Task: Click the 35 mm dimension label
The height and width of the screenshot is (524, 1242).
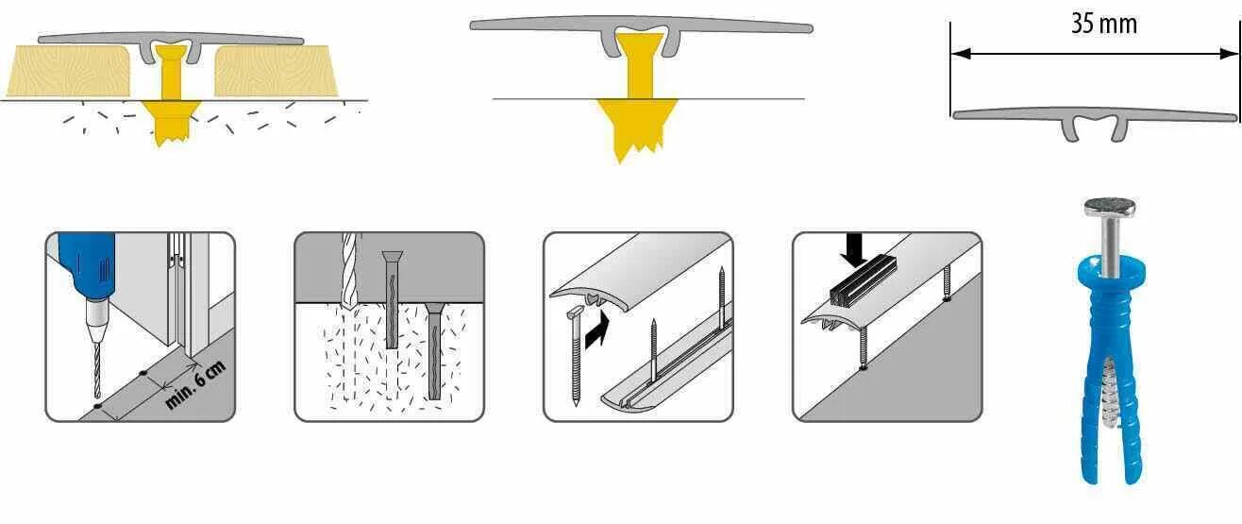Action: pos(1103,25)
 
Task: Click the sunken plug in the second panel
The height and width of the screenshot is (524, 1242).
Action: pos(433,349)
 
